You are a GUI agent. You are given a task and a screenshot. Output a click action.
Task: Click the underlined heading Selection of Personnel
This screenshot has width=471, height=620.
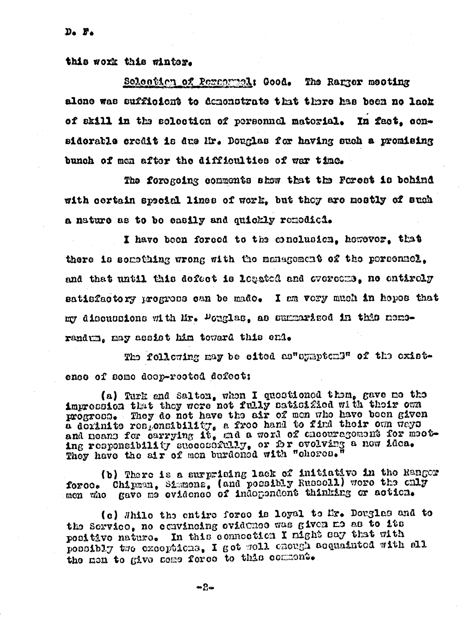coord(188,82)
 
